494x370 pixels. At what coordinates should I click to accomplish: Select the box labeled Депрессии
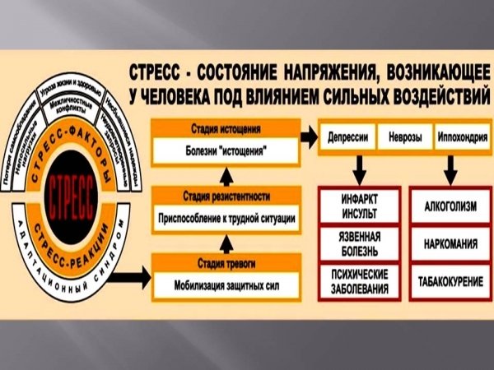(347, 136)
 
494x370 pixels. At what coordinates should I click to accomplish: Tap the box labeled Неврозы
(404, 136)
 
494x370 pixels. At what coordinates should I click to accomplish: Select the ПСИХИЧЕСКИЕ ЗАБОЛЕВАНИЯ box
(358, 281)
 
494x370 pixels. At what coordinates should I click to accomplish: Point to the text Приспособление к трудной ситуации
(224, 220)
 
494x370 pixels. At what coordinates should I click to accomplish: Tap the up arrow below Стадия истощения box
(223, 174)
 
